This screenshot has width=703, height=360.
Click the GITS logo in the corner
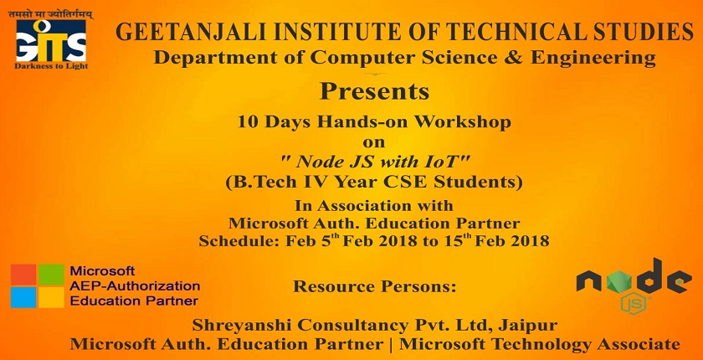pyautogui.click(x=51, y=41)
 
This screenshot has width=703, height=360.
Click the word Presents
pyautogui.click(x=374, y=91)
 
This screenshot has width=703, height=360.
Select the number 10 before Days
pyautogui.click(x=248, y=122)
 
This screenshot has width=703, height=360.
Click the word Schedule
pyautogui.click(x=239, y=241)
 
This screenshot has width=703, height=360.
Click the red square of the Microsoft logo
pyautogui.click(x=23, y=275)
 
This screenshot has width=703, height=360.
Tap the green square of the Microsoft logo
pyautogui.click(x=51, y=275)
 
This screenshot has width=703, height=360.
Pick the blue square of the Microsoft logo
pyautogui.click(x=23, y=297)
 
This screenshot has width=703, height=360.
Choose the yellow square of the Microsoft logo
pyautogui.click(x=51, y=297)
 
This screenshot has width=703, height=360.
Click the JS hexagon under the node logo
pyautogui.click(x=633, y=305)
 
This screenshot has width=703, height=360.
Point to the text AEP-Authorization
pyautogui.click(x=135, y=286)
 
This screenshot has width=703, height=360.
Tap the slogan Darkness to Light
pyautogui.click(x=51, y=66)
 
